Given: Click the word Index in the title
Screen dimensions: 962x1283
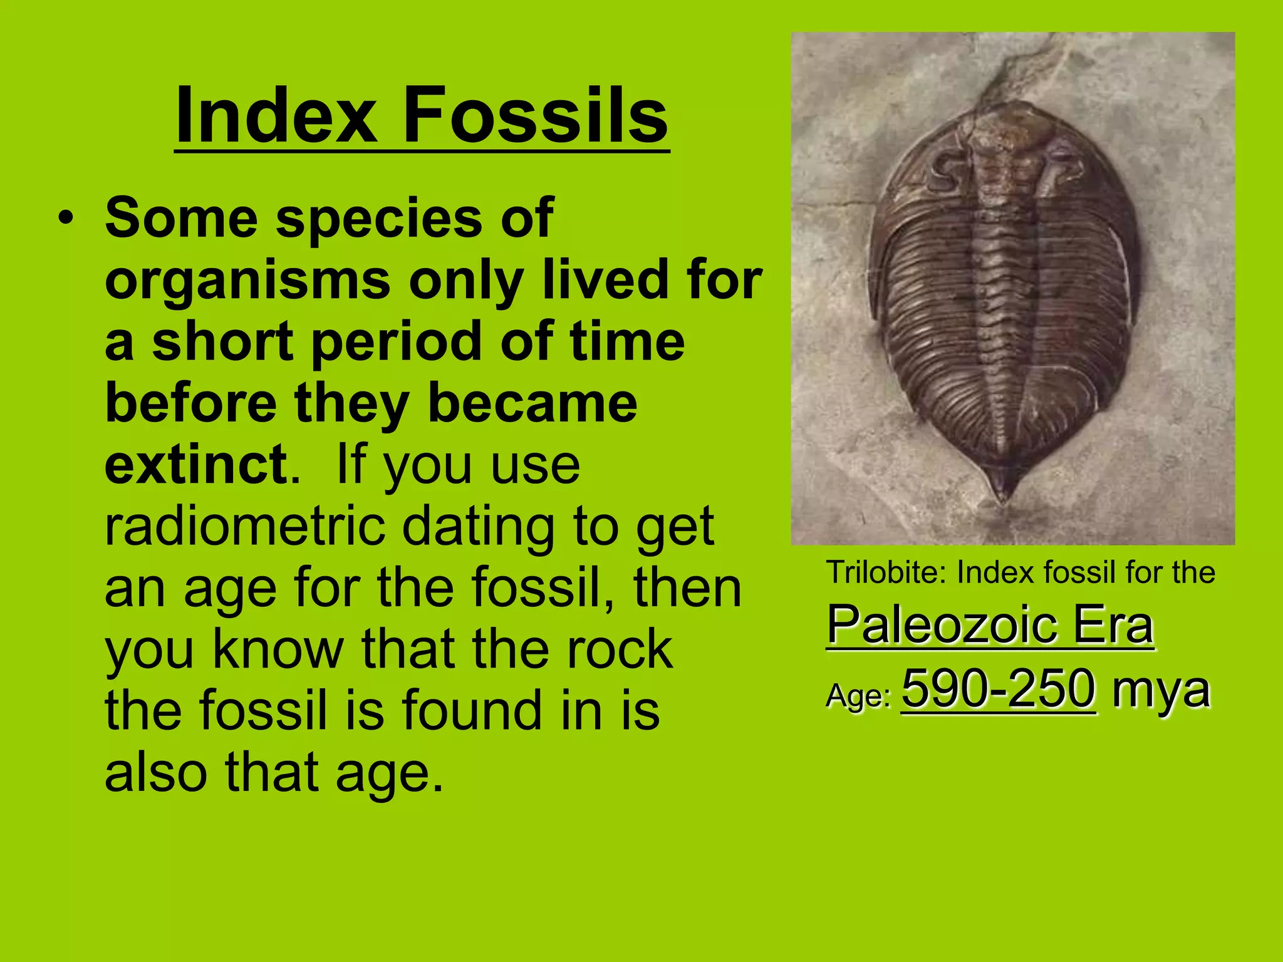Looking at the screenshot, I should point(276,116).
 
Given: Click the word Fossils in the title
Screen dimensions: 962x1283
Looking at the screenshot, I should point(535,116).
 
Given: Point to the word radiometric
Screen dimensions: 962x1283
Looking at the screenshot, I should point(245,527).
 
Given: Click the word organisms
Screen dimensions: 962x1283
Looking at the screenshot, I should point(248,280).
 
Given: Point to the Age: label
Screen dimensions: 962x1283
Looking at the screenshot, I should point(858,696).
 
